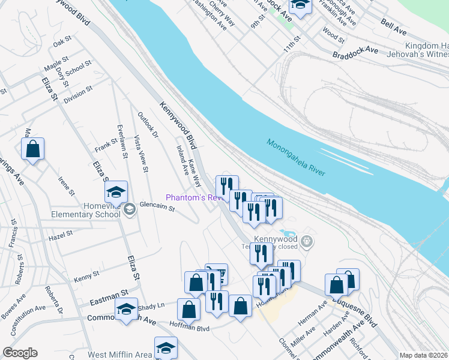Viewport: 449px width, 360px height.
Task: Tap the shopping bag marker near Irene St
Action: point(33,149)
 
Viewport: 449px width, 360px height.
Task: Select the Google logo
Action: point(20,353)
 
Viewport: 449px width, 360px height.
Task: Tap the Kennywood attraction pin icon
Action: point(307,241)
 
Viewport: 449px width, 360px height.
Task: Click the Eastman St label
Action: point(109,292)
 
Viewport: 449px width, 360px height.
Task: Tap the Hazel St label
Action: point(60,235)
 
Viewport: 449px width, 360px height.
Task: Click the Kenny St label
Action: point(86,276)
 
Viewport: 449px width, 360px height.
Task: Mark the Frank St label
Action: point(106,145)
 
